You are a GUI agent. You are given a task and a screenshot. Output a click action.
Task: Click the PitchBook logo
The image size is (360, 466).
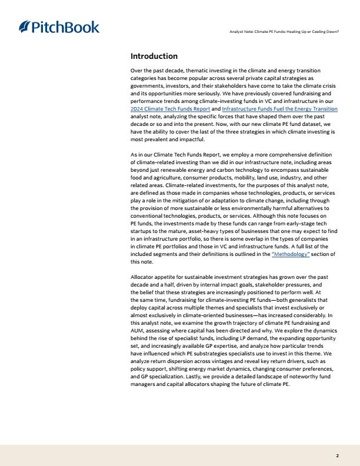point(59,27)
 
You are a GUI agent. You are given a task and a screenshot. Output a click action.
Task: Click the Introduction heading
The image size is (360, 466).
point(154,56)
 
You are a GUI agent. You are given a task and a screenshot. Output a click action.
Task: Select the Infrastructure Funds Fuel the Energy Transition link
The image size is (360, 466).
point(280,109)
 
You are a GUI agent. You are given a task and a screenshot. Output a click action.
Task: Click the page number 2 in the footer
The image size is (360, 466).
point(337,455)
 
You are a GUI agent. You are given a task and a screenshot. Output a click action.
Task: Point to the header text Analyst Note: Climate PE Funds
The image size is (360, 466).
point(284,31)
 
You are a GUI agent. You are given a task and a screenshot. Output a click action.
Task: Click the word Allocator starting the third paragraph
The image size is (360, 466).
point(142,277)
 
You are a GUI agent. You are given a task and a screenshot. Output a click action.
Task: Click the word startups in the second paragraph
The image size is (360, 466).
point(142,231)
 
